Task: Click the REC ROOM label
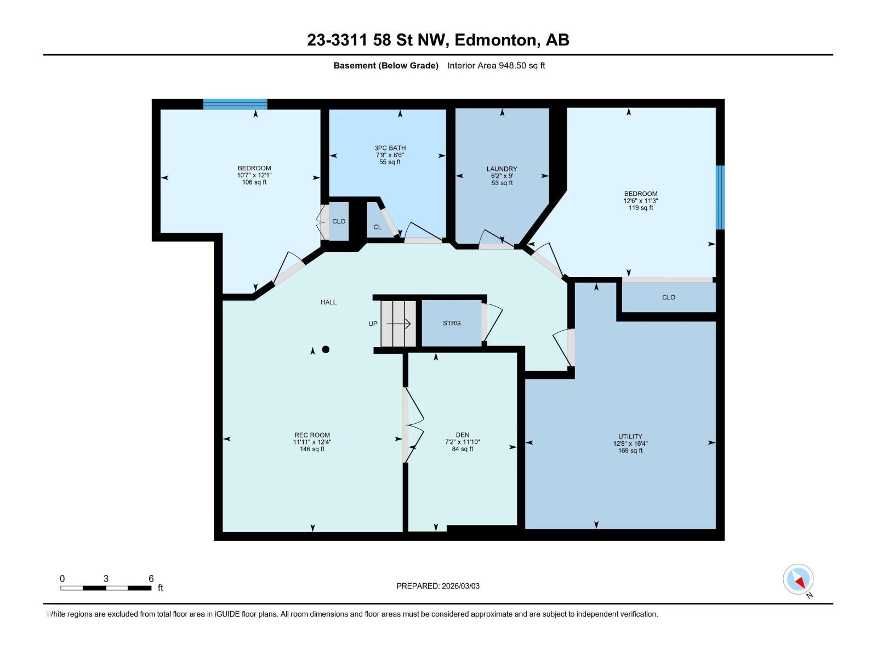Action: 312,435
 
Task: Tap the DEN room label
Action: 462,435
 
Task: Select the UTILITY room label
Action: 630,436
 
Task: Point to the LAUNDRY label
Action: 502,169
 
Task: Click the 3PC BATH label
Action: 390,148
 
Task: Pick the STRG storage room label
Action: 452,323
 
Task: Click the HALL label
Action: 328,302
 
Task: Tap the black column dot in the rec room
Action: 326,349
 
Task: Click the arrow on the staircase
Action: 398,324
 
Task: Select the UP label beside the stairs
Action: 373,324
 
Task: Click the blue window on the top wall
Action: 235,104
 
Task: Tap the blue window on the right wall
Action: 720,198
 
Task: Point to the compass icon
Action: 798,579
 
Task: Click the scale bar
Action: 106,588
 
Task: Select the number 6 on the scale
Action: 151,578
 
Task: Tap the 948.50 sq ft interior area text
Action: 521,66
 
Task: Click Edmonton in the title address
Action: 494,40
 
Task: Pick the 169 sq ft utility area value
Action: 630,451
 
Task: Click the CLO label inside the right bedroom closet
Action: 668,297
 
